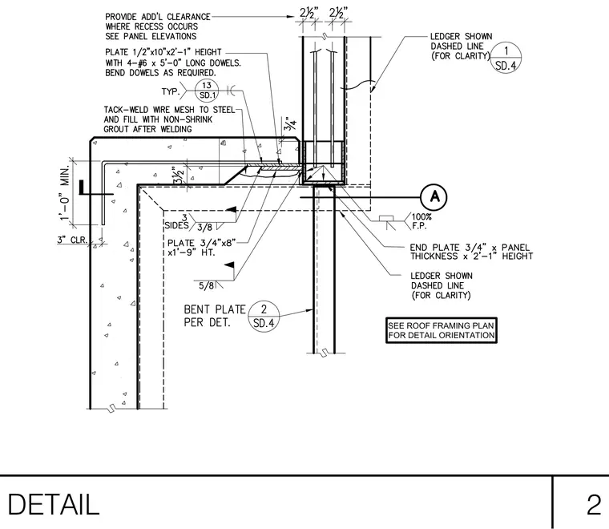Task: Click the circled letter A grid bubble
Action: (434, 197)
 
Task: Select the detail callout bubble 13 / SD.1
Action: (207, 91)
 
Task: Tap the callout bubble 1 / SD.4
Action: (506, 58)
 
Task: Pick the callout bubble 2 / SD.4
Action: (264, 316)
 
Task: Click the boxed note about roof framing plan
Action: (442, 330)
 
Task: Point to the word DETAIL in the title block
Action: (53, 504)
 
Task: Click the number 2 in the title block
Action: (594, 504)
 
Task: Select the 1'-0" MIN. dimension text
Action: (65, 192)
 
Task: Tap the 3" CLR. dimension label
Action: (73, 240)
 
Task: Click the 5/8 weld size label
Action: (206, 286)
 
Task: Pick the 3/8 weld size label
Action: (204, 227)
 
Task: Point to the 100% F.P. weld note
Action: (421, 221)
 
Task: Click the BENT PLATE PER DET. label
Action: (215, 316)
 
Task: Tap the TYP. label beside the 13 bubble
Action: (171, 91)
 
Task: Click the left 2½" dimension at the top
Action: (309, 13)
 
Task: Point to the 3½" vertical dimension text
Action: (178, 176)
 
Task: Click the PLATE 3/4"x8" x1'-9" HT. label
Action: (202, 248)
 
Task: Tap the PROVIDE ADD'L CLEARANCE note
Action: (158, 26)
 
